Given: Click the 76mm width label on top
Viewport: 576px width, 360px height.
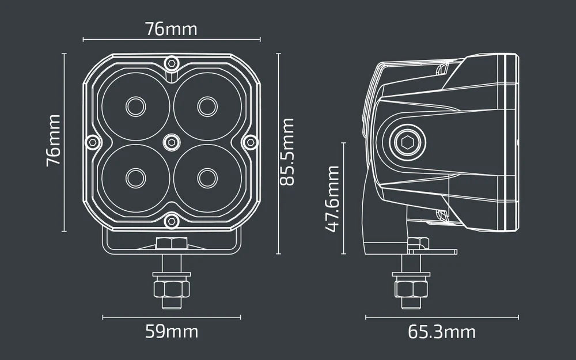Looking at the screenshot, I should [x=170, y=29].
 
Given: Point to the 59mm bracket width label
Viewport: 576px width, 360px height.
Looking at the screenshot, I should [x=171, y=332].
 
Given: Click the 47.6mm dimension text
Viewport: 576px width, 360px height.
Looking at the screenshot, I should [x=332, y=198].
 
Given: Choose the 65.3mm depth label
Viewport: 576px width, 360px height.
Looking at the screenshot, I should [x=442, y=332].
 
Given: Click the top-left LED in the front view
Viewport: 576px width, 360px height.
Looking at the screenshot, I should [x=136, y=106].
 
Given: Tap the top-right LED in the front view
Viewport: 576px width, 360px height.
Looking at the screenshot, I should [x=207, y=106].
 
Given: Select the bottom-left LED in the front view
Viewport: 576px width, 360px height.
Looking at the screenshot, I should [x=136, y=177].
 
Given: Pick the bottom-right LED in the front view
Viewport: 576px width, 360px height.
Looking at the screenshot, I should [x=207, y=177].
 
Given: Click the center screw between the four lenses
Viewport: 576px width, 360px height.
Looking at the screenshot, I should [x=171, y=141].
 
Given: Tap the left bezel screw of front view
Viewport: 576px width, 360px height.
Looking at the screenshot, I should [x=92, y=141].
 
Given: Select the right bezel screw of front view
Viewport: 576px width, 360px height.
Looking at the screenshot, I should [x=250, y=141].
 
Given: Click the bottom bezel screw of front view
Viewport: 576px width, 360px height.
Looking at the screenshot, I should [x=171, y=220].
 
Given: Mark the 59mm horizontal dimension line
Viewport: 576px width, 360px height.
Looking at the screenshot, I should [x=171, y=316].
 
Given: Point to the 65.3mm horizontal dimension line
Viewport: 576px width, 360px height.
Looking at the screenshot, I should [x=442, y=316].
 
